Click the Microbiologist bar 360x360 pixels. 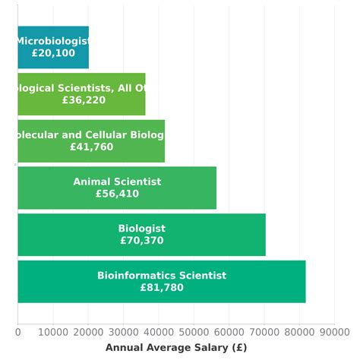pyautogui.click(x=53, y=47)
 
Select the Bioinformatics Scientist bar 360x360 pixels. pyautogui.click(x=161, y=282)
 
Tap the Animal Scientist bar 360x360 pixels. pyautogui.click(x=117, y=188)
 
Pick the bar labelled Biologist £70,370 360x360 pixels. pyautogui.click(x=141, y=235)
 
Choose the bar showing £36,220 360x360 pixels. pyautogui.click(x=81, y=94)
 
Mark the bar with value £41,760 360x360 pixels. pyautogui.click(x=91, y=141)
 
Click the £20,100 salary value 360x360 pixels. pyautogui.click(x=53, y=53)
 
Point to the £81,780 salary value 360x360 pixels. pyautogui.click(x=162, y=288)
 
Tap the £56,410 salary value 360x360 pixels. pyautogui.click(x=117, y=194)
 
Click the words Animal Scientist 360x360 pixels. pyautogui.click(x=117, y=182)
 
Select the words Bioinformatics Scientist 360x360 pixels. pyautogui.click(x=162, y=276)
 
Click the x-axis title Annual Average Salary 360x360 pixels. pyautogui.click(x=176, y=347)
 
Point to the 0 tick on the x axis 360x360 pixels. pyautogui.click(x=17, y=331)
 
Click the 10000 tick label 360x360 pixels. pyautogui.click(x=52, y=331)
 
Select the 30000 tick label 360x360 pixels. pyautogui.click(x=123, y=331)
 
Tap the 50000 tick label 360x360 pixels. pyautogui.click(x=194, y=331)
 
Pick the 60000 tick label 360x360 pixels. pyautogui.click(x=229, y=331)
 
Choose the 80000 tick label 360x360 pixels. pyautogui.click(x=299, y=331)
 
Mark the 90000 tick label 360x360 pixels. pyautogui.click(x=334, y=331)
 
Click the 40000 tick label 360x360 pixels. pyautogui.click(x=158, y=331)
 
